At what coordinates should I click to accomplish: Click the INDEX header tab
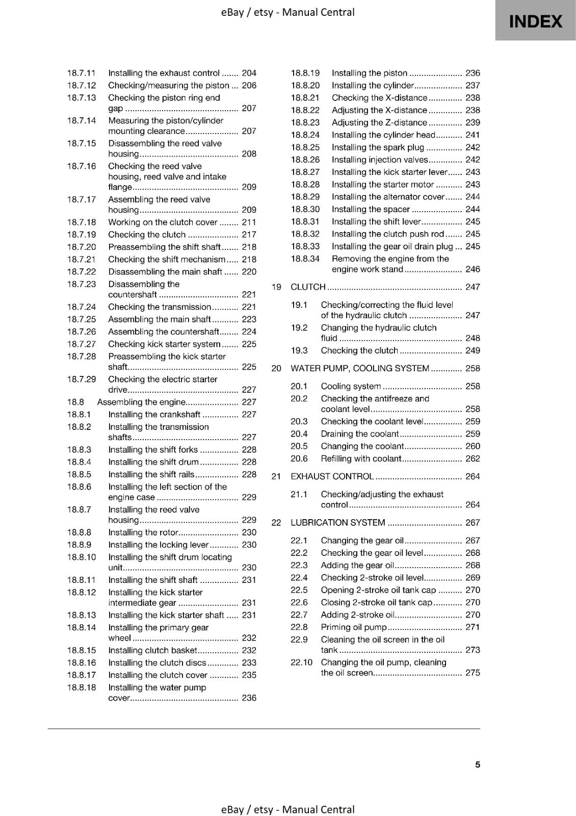click(x=535, y=21)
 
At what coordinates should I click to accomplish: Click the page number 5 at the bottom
click(x=478, y=764)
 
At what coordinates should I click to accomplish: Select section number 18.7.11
click(x=82, y=73)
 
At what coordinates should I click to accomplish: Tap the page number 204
click(x=249, y=73)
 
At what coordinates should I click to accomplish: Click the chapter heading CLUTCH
click(x=308, y=287)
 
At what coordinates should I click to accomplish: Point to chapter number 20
click(x=276, y=368)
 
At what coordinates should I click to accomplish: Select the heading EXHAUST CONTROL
click(x=332, y=476)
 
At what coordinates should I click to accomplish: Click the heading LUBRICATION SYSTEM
click(x=337, y=523)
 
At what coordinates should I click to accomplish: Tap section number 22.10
click(x=301, y=662)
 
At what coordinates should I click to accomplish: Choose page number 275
click(x=473, y=673)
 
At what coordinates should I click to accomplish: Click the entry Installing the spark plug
click(x=378, y=147)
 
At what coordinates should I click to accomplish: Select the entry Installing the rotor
click(x=143, y=532)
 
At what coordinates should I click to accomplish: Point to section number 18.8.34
click(x=305, y=259)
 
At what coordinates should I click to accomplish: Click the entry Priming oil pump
click(x=354, y=627)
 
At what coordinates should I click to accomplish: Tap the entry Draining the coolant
click(x=359, y=434)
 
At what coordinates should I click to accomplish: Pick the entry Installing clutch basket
click(x=152, y=650)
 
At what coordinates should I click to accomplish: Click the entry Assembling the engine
click(x=141, y=402)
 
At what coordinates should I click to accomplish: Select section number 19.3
click(x=299, y=350)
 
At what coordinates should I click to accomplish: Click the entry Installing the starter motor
click(x=382, y=185)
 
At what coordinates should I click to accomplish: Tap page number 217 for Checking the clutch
click(x=249, y=235)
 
